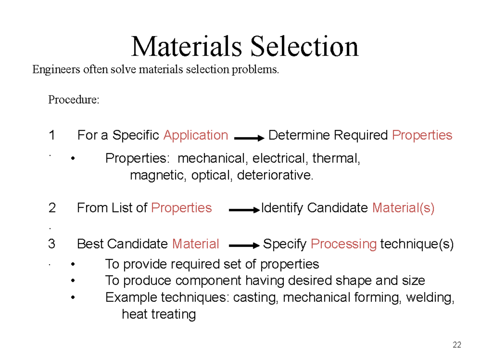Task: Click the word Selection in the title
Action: [x=304, y=47]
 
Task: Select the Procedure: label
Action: [x=73, y=99]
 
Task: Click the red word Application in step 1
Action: [x=196, y=136]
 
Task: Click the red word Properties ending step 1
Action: [x=422, y=136]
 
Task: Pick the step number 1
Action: [x=52, y=136]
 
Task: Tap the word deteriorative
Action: [x=274, y=175]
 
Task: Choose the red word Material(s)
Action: [x=403, y=208]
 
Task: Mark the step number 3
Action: [x=52, y=244]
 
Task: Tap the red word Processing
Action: [x=344, y=244]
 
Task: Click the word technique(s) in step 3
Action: [x=417, y=244]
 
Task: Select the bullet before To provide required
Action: [x=72, y=265]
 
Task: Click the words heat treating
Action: [x=159, y=314]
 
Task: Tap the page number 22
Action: [x=457, y=345]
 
